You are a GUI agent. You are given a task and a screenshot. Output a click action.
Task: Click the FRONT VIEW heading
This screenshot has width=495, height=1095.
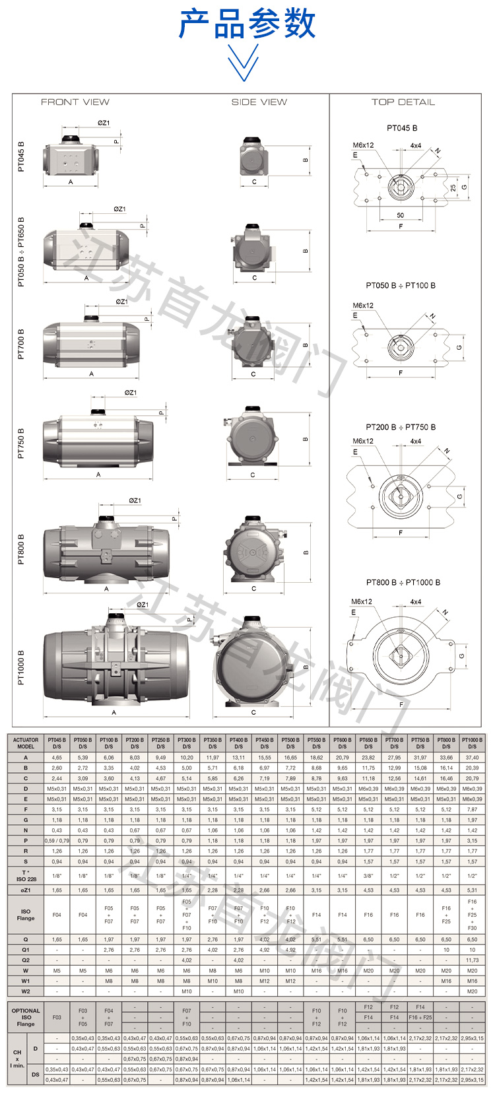pyautogui.click(x=75, y=102)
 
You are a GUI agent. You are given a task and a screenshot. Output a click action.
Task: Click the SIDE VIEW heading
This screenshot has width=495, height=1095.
pyautogui.click(x=259, y=102)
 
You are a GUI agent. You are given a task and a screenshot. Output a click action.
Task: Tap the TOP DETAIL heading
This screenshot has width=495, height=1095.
pyautogui.click(x=403, y=102)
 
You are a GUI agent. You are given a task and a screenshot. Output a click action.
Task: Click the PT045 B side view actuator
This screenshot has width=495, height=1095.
pyautogui.click(x=253, y=158)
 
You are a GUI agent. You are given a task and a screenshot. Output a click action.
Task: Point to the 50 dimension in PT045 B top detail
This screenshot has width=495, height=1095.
pyautogui.click(x=400, y=215)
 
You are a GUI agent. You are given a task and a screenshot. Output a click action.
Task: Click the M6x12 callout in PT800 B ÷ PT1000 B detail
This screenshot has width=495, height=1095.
pyautogui.click(x=362, y=601)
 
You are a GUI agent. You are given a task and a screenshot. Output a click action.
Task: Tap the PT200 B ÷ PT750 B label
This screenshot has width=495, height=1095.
pyautogui.click(x=401, y=427)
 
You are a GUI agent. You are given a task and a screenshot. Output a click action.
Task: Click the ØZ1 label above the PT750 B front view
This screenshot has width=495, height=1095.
pyautogui.click(x=131, y=393)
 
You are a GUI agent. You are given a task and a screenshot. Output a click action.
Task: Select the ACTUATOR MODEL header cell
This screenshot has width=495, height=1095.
pyautogui.click(x=26, y=743)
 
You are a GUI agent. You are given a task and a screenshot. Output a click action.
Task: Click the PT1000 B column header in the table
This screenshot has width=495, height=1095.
pyautogui.click(x=472, y=743)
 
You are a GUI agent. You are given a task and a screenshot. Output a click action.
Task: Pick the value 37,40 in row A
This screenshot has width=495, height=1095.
pyautogui.click(x=472, y=758)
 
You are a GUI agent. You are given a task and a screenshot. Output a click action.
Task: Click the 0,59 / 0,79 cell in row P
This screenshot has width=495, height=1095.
pyautogui.click(x=57, y=840)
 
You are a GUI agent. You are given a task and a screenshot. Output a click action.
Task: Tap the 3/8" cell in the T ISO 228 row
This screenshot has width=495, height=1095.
pyautogui.click(x=368, y=876)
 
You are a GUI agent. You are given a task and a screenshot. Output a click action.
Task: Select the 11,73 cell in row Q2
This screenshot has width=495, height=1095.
pyautogui.click(x=472, y=960)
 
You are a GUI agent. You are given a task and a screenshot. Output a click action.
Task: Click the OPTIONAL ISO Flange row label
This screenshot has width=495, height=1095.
pyautogui.click(x=26, y=1017)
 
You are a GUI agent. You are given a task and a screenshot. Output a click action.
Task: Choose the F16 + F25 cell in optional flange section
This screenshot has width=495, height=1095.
pyautogui.click(x=420, y=1017)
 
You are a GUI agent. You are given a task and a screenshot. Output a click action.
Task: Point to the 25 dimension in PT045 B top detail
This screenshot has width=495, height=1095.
pyautogui.click(x=453, y=188)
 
